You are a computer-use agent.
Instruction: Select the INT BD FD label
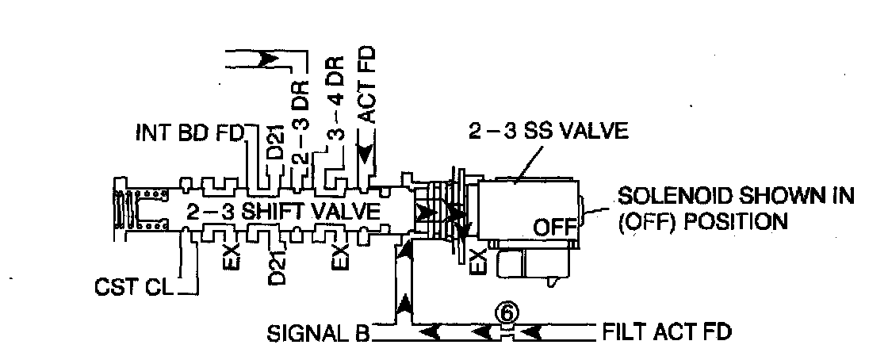click(x=188, y=131)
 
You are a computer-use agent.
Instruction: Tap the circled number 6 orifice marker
click(x=507, y=312)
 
